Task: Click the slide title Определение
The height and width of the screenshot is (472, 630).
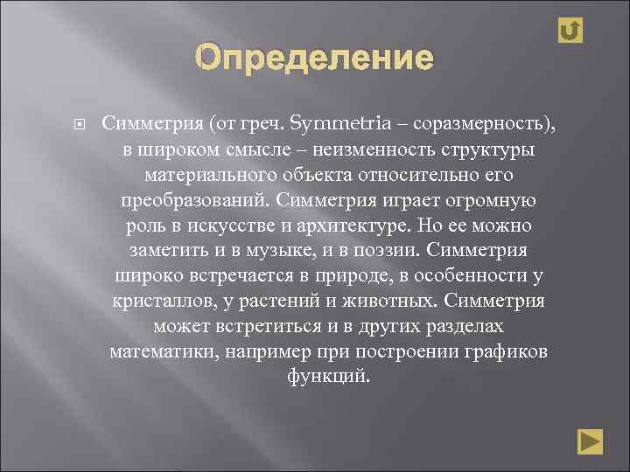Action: point(314,59)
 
